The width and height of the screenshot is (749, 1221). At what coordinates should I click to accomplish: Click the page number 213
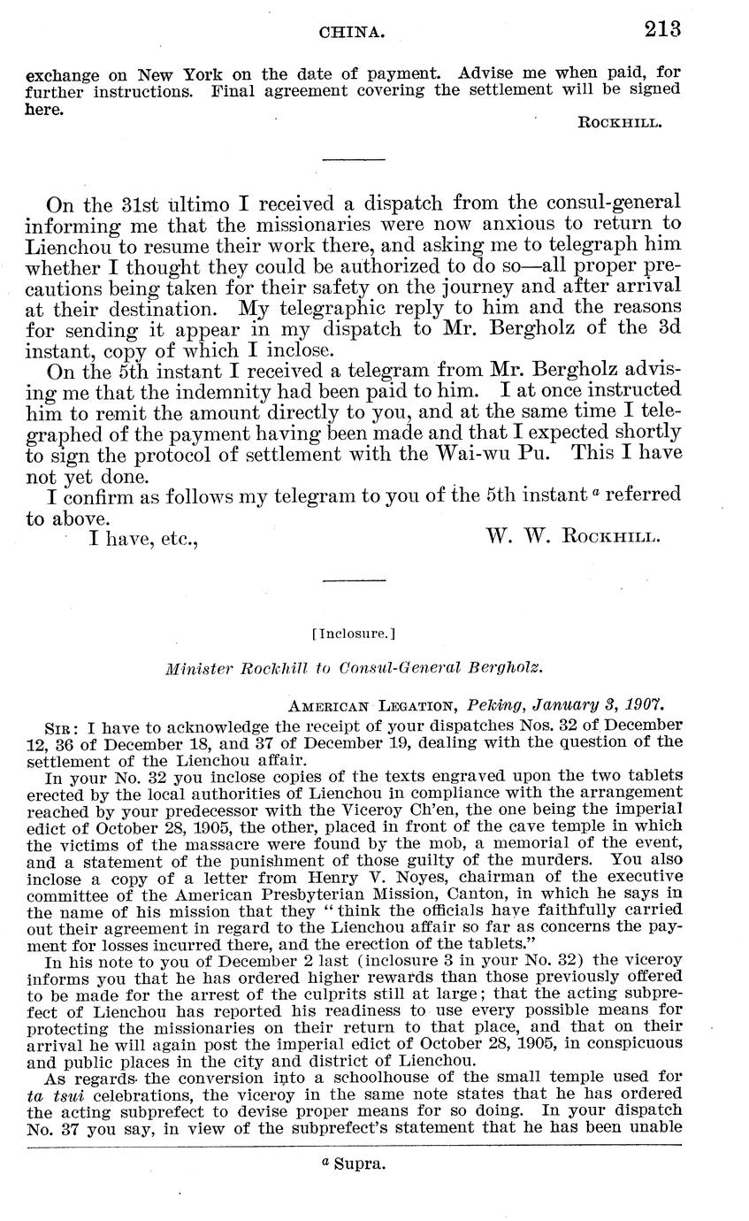662,29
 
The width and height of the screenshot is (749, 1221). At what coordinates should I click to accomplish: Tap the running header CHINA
352,32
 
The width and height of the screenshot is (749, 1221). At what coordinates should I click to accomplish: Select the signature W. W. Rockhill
572,535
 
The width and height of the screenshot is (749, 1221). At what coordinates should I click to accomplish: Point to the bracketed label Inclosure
354,634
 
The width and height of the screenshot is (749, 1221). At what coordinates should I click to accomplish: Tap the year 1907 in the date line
646,705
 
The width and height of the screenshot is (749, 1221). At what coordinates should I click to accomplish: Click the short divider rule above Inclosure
354,581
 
